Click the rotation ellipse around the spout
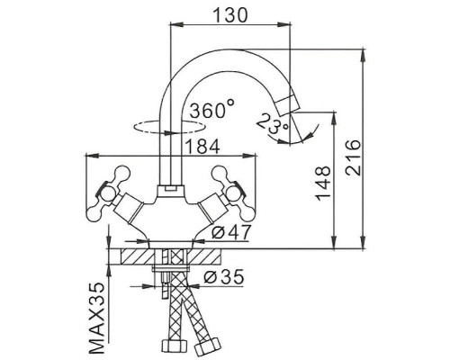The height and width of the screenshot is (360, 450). tap(144, 126)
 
